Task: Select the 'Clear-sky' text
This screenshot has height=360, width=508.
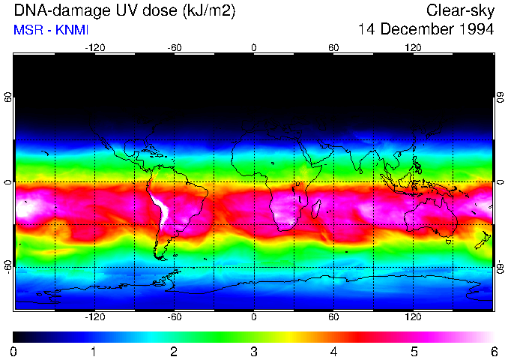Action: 460,11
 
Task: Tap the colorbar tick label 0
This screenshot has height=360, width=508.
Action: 14,351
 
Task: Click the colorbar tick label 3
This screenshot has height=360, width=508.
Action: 253,351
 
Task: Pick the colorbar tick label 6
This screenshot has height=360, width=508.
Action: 493,351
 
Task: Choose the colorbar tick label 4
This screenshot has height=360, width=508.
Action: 333,351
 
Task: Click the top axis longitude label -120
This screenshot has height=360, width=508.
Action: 94,48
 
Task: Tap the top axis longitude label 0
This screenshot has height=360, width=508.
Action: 254,48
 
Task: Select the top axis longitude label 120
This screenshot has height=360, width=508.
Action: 414,48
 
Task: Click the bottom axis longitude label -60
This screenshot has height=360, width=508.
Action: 175,317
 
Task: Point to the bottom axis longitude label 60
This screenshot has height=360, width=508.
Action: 334,317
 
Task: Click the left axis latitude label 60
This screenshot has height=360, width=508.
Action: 8,98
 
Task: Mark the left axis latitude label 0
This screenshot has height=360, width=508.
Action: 8,182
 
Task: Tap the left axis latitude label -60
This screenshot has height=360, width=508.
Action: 8,266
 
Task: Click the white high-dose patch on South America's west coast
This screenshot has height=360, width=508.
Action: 160,210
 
